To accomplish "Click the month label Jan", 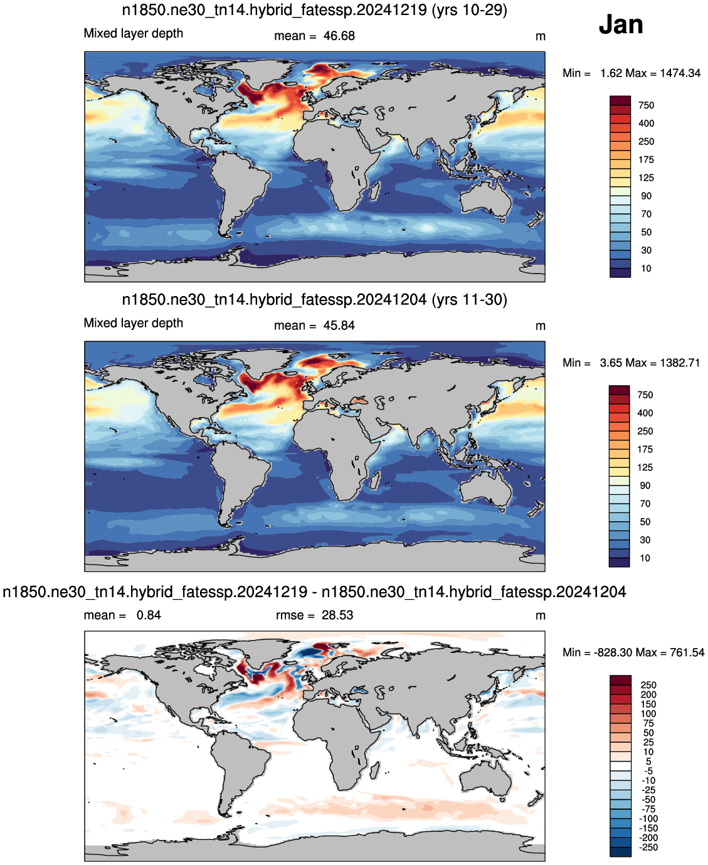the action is (620, 24).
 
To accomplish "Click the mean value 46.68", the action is (339, 36).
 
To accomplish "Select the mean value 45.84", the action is (339, 326).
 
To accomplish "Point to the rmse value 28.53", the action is (337, 615).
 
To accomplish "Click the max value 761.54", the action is (687, 652).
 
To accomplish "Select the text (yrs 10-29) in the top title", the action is (470, 10).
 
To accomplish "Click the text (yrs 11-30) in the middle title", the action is (470, 300).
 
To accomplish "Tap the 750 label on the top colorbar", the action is (646, 105).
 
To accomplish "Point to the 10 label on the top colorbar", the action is (646, 268).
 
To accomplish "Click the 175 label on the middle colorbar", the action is (645, 450).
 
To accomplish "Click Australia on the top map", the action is (486, 199).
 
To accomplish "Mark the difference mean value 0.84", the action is (149, 615).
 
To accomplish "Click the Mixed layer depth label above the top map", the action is (133, 34).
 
